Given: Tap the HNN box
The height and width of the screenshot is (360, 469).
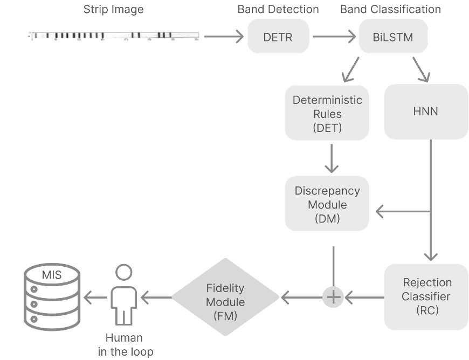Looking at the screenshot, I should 426,112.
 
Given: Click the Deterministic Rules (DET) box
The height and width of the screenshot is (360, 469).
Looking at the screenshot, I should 327,113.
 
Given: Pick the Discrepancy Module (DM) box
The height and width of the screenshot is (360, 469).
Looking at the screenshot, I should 327,205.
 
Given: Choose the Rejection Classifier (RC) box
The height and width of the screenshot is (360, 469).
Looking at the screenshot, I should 426,296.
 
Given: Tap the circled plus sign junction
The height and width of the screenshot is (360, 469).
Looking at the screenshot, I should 333,297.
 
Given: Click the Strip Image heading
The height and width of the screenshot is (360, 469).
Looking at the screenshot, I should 113,9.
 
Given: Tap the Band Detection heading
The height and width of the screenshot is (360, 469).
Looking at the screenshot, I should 278,9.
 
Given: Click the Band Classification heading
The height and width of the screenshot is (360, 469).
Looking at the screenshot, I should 390,9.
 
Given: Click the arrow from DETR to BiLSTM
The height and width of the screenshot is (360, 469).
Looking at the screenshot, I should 334,37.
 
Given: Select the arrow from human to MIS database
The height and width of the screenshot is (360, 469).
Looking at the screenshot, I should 95,296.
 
